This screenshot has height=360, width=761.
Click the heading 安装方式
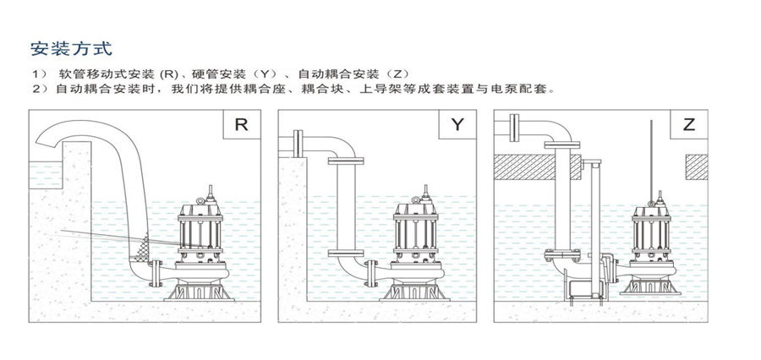pyautogui.click(x=70, y=47)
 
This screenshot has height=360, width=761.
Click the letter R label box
pyautogui.click(x=241, y=125)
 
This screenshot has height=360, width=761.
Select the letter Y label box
pyautogui.click(x=457, y=125)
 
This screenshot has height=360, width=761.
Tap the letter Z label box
pyautogui.click(x=689, y=125)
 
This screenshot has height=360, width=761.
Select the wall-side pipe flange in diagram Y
pyautogui.click(x=298, y=142)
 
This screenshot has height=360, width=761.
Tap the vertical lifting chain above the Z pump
pyautogui.click(x=651, y=156)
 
